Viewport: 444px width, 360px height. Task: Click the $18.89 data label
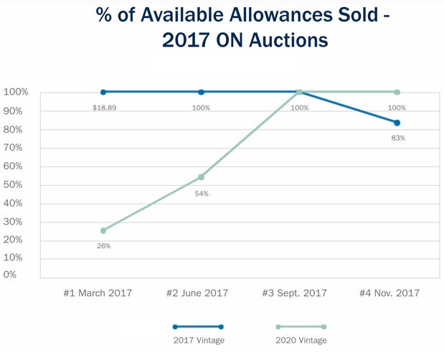103,108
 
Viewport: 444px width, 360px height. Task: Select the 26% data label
103,247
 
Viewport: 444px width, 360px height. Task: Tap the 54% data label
201,194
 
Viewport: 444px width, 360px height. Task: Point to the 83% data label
397,138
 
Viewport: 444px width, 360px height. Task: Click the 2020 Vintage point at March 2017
103,230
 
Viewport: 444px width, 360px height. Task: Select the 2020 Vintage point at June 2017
201,176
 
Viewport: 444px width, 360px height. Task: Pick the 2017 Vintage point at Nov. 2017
397,123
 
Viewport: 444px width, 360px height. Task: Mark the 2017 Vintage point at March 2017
103,92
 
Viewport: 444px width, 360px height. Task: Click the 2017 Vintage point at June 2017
201,92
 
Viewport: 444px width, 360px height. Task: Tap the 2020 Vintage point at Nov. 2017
397,92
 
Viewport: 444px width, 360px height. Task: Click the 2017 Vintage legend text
198,340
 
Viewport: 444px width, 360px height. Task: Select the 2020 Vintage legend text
300,340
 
